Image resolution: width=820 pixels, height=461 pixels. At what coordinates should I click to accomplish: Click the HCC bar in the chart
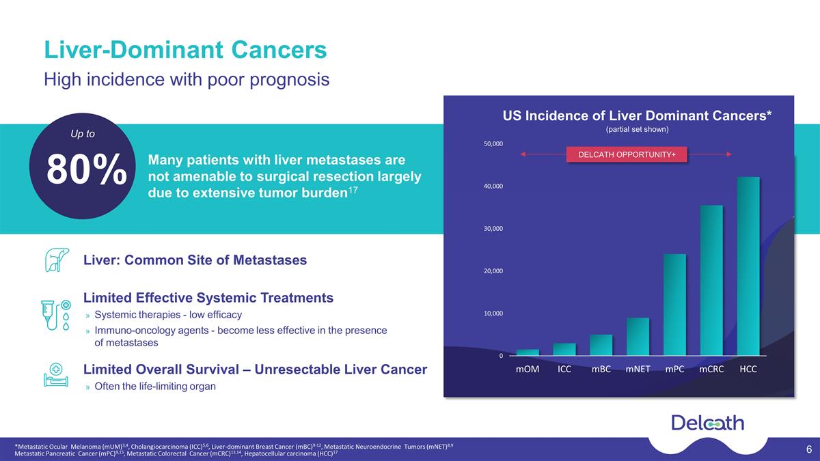[x=748, y=266]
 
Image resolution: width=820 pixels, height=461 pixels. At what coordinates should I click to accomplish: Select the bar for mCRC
[x=711, y=280]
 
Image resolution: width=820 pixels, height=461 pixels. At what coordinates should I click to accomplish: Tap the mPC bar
[x=674, y=305]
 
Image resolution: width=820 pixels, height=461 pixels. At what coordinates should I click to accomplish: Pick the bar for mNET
[x=638, y=337]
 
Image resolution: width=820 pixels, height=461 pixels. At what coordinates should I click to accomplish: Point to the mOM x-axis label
[x=528, y=369]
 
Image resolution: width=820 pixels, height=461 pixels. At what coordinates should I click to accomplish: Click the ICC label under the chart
[x=564, y=369]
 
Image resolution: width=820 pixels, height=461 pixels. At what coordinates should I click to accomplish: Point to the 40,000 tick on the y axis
[x=493, y=186]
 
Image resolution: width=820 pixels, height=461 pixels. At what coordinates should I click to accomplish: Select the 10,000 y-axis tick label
[x=493, y=313]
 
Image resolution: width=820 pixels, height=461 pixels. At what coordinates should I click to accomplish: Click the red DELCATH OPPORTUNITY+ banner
[x=627, y=154]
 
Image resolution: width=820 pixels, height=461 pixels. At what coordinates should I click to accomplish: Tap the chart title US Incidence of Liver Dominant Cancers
[x=637, y=115]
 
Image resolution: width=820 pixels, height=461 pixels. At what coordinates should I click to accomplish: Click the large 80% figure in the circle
[x=87, y=169]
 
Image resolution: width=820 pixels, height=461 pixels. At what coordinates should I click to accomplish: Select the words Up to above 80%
[x=83, y=134]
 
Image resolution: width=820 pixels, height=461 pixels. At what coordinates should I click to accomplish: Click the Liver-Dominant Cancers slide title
[x=185, y=50]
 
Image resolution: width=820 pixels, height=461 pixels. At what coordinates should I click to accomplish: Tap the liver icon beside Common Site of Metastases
[x=57, y=260]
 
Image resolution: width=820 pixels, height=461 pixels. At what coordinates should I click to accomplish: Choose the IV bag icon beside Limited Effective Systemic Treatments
[x=56, y=315]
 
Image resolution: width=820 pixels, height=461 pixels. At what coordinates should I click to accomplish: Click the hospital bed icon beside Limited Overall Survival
[x=56, y=375]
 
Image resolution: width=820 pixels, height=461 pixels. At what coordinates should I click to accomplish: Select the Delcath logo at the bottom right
[x=708, y=423]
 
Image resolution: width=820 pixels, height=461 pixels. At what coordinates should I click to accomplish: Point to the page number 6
[x=809, y=449]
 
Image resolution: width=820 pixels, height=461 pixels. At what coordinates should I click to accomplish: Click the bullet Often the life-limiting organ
[x=155, y=387]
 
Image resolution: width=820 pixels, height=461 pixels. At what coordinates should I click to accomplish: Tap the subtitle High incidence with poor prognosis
[x=187, y=80]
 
